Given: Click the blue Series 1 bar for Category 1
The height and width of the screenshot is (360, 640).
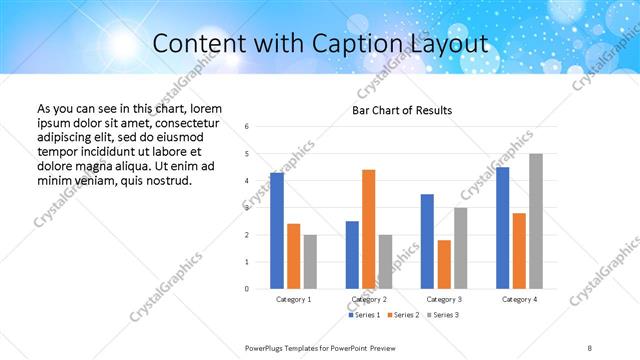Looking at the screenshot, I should click(x=276, y=231).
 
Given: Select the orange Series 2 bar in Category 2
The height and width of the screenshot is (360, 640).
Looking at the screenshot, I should click(x=368, y=229).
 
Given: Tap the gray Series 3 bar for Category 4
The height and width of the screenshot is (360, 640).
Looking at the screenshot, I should click(x=536, y=221).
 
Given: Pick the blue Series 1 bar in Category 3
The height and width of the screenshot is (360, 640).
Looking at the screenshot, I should click(x=427, y=241).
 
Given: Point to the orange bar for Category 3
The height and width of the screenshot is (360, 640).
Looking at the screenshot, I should click(x=443, y=264).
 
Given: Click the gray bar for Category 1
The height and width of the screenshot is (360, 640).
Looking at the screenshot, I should click(x=310, y=262).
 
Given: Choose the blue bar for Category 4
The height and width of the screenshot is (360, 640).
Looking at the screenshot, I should click(x=502, y=228).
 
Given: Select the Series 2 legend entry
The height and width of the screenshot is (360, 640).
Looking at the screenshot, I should click(x=402, y=315).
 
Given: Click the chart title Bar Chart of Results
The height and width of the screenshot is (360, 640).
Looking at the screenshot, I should click(x=402, y=110).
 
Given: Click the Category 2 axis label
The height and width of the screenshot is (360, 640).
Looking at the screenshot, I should click(x=368, y=299).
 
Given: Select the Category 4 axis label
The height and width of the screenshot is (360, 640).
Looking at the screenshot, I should click(x=519, y=299).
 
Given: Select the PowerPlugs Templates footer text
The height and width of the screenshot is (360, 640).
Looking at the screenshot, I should click(x=321, y=347).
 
